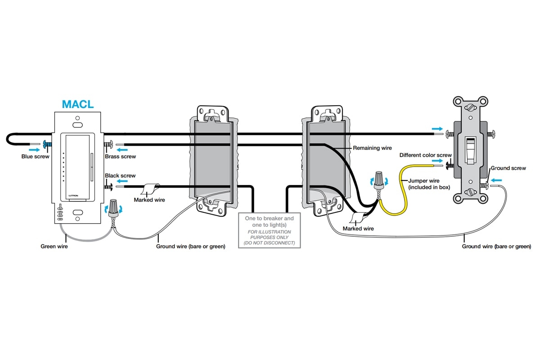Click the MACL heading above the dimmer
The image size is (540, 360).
tap(78, 104)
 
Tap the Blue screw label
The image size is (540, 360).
tap(36, 157)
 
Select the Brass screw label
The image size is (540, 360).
tap(120, 157)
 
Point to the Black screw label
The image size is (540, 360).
tap(120, 175)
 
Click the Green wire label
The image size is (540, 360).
tap(54, 246)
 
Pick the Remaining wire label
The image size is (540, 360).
tap(372, 148)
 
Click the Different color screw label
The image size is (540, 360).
tap(425, 155)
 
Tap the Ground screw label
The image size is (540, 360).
tap(508, 168)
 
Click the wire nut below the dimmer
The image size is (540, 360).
tap(112, 207)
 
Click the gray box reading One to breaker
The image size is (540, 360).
tap(269, 230)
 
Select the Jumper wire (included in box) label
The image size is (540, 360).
tap(429, 184)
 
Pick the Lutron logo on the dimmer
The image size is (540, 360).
tap(73, 195)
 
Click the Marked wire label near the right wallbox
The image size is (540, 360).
tap(358, 229)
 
